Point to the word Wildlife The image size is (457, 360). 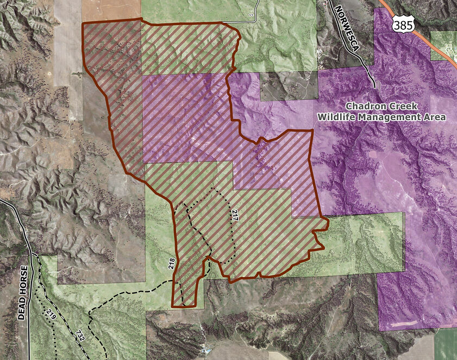[335, 117]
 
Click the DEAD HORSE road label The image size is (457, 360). [22, 292]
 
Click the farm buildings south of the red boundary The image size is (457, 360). [205, 351]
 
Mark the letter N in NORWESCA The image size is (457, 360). [339, 10]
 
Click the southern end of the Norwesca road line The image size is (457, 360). [374, 86]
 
